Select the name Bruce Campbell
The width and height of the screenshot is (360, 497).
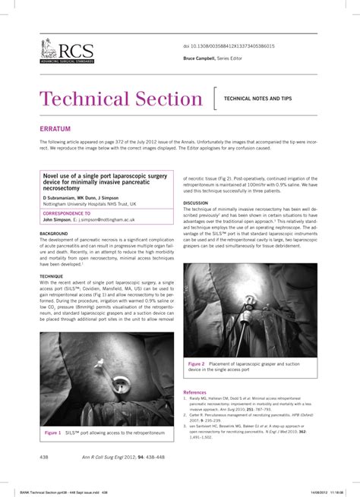coord(199,58)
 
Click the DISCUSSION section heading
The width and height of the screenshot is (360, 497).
coord(195,203)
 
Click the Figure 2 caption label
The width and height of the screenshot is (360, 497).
coord(197,364)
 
